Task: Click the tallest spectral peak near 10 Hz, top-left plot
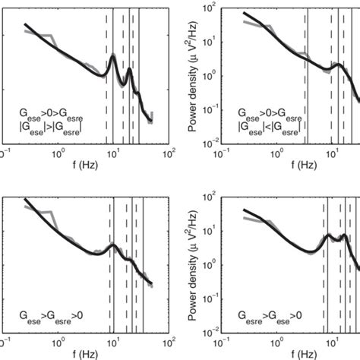112,55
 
